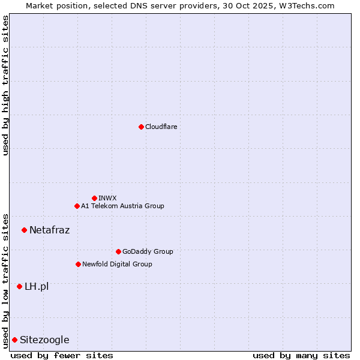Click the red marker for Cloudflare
(x=141, y=127)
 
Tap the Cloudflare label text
(x=161, y=127)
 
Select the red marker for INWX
(x=94, y=198)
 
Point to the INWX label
(x=107, y=198)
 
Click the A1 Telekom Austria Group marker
(x=77, y=206)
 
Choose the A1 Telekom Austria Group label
(x=122, y=206)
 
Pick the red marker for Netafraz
(x=24, y=230)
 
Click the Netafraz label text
(x=49, y=230)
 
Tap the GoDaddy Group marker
(x=118, y=251)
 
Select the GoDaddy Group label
(x=147, y=251)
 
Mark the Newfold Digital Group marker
(x=78, y=264)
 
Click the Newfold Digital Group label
(x=117, y=264)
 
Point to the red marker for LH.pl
(x=19, y=286)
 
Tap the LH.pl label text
(x=37, y=286)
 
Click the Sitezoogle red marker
(x=14, y=340)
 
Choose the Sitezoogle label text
(x=44, y=340)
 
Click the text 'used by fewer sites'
(x=62, y=355)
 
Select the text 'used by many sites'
(x=301, y=355)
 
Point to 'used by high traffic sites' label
(x=5, y=85)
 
